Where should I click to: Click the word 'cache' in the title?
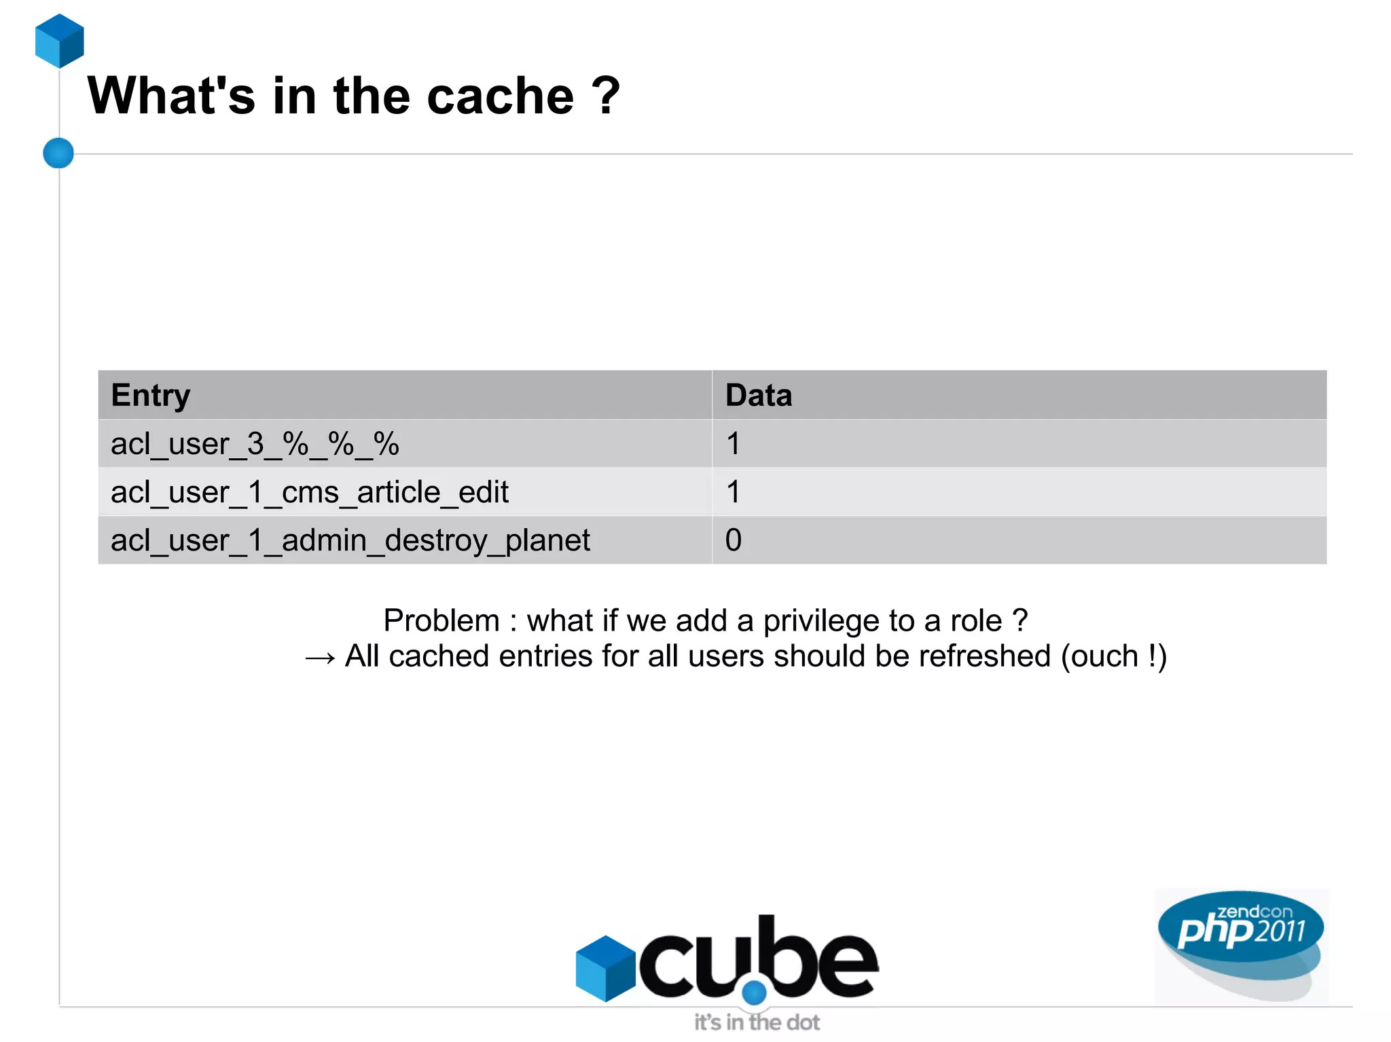pos(500,96)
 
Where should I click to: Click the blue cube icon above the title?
pos(60,41)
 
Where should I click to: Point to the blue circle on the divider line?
pos(58,153)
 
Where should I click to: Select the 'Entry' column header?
pos(151,395)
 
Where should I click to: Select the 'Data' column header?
pos(759,395)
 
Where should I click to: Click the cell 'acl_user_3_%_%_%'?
pos(255,444)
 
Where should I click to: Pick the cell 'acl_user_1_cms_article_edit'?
pos(310,492)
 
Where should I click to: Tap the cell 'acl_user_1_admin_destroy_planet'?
pos(350,540)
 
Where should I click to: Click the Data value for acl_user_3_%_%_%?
pos(733,444)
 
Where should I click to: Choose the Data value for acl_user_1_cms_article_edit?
pos(733,492)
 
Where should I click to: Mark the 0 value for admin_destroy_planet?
pos(733,540)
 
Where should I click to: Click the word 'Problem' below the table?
pos(441,620)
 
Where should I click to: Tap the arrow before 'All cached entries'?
pos(320,657)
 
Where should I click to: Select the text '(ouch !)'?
pos(1114,656)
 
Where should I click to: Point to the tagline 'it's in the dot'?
pos(757,1022)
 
